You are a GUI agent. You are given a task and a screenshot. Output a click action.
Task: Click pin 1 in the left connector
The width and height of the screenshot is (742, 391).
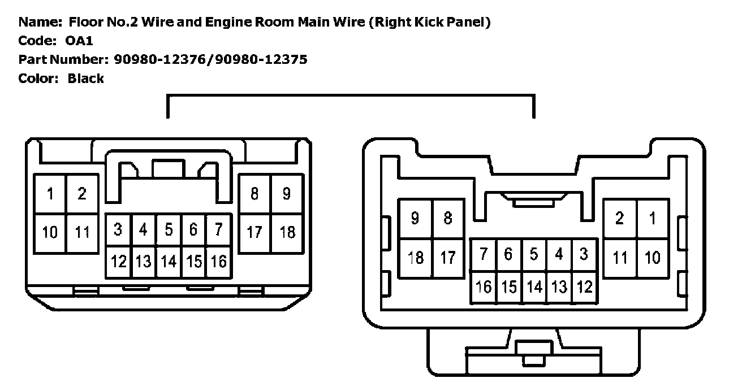50,194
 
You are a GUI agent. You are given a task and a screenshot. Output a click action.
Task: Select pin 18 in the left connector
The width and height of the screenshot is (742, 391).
287,232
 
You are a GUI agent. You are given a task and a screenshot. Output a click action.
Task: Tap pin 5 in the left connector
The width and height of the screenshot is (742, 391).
169,230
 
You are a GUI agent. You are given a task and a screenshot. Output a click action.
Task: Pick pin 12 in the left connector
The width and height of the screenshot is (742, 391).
119,262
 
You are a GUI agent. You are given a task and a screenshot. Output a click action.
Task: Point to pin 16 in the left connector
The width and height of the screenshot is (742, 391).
218,262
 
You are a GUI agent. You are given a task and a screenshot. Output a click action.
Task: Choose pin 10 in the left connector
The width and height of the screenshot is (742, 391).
50,232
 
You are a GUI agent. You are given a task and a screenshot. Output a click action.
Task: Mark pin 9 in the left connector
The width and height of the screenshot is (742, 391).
287,194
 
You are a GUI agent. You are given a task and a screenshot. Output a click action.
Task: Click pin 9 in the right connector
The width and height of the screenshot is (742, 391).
415,218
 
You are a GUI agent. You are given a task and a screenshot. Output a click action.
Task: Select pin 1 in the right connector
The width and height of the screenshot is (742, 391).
653,218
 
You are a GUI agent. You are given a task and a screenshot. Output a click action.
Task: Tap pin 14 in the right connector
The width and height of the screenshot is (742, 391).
534,287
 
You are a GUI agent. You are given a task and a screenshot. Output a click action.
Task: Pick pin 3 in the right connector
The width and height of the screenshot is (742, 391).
584,254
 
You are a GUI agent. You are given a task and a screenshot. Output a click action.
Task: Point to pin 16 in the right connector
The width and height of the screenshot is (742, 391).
484,287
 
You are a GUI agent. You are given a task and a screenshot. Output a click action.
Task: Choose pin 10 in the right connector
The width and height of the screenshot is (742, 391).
653,258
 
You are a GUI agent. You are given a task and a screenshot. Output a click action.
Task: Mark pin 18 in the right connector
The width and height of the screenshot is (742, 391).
415,258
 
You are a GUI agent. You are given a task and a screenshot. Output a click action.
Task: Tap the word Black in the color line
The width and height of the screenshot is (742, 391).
85,78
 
